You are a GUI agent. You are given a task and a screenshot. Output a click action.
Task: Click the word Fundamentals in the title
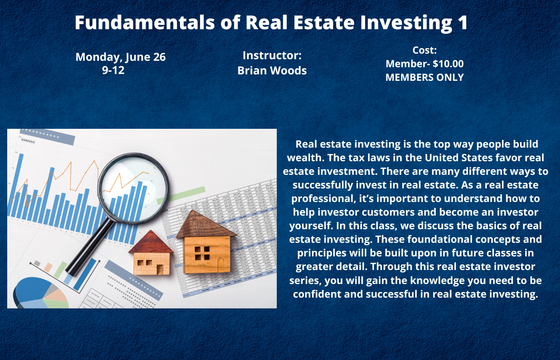coord(145,22)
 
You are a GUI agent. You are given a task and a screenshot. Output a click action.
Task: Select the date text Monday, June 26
coord(120,57)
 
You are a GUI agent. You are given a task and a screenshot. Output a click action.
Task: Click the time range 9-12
coord(113,70)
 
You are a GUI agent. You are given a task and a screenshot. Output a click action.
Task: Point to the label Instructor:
coord(272,56)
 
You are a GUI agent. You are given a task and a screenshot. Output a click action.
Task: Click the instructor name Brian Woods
coord(272,70)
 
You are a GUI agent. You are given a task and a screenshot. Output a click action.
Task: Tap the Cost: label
coord(424,50)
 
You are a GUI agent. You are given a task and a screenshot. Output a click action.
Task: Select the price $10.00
coord(448,64)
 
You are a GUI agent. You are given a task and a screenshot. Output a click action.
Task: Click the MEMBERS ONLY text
coord(424,78)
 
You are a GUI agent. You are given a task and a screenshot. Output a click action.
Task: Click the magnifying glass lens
coord(133,188)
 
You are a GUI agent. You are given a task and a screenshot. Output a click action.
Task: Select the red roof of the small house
coord(151,242)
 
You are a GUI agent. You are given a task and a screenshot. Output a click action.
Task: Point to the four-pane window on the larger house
coord(202,253)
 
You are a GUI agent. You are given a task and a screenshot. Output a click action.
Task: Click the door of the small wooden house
coord(160,270)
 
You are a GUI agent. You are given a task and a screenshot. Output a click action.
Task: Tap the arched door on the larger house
coord(221,265)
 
